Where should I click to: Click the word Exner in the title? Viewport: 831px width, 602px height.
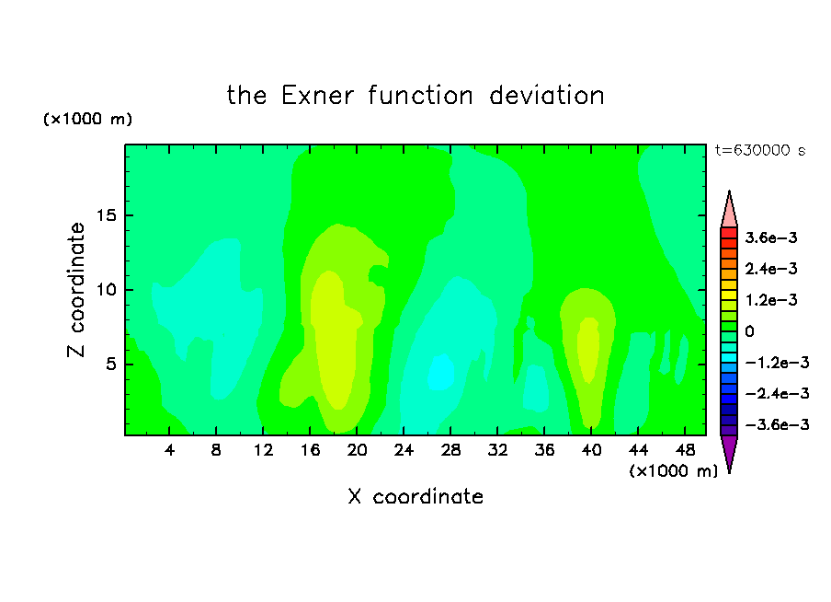[x=317, y=96]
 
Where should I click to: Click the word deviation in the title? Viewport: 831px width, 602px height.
[x=547, y=96]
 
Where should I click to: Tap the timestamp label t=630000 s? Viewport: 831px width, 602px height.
[x=760, y=150]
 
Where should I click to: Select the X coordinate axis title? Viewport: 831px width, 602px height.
[x=415, y=496]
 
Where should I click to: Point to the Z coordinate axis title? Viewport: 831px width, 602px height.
[x=76, y=289]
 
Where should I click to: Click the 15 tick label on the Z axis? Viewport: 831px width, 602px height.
[x=106, y=215]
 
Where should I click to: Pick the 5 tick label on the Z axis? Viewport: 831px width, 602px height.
[x=110, y=364]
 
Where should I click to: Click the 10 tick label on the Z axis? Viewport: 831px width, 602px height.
[x=106, y=289]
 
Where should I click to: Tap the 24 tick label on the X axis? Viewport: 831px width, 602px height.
[x=404, y=450]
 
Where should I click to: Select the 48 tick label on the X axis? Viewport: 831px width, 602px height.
[x=685, y=450]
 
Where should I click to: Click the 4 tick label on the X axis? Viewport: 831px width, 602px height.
[x=169, y=450]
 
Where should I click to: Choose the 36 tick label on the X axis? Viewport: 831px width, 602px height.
[x=544, y=450]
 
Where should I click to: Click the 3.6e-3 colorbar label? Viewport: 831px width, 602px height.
[x=771, y=237]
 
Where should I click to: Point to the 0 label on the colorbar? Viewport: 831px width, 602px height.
[x=749, y=331]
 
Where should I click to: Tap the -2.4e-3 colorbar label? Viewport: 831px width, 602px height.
[x=777, y=393]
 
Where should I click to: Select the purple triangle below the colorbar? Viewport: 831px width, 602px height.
[x=729, y=451]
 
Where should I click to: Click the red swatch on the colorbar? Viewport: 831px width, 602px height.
[x=729, y=233]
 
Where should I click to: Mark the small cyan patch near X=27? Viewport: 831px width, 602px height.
[x=441, y=372]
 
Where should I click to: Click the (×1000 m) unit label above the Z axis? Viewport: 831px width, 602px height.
[x=87, y=119]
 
